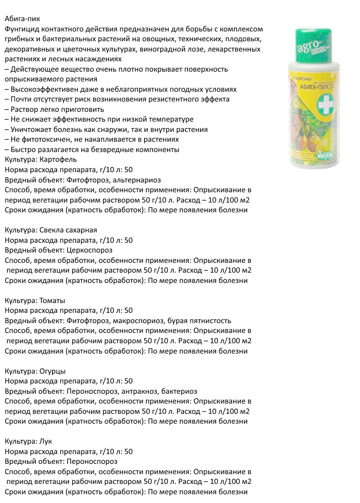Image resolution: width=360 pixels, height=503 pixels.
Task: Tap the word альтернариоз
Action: coord(139,180)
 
